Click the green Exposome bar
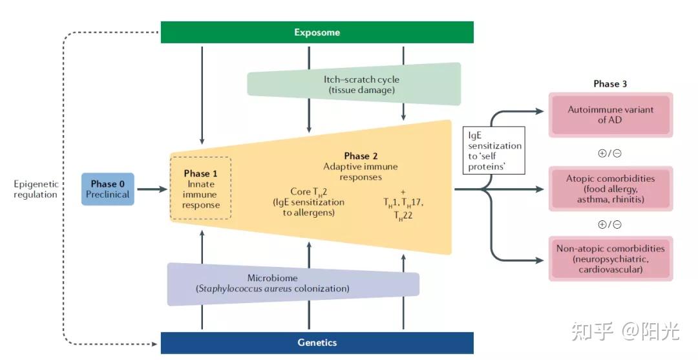(x=317, y=32)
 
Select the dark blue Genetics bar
(x=317, y=343)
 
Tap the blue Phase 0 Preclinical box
(x=108, y=189)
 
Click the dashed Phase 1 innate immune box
(x=201, y=188)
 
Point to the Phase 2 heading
(x=361, y=156)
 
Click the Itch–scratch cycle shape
(x=354, y=85)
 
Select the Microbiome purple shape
(x=293, y=284)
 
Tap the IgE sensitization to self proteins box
(x=494, y=151)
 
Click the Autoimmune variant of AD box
(x=610, y=115)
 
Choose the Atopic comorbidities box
(x=610, y=189)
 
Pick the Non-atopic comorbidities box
(x=610, y=259)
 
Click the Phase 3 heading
(x=610, y=83)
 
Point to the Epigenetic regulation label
(x=36, y=189)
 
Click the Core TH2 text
(x=308, y=192)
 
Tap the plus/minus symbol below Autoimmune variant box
(x=610, y=154)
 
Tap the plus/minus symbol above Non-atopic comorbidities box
(x=610, y=224)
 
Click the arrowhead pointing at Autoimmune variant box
(x=540, y=111)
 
